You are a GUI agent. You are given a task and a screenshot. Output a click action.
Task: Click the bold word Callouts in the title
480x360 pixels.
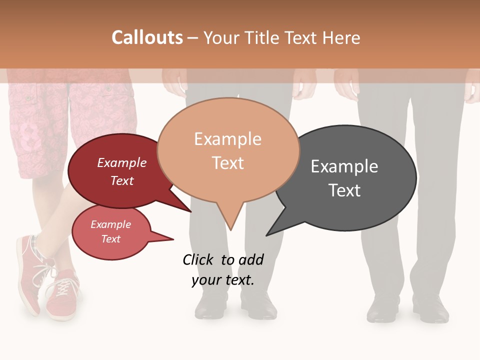(x=147, y=37)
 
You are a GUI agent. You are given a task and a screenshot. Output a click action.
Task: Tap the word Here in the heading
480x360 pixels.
(x=342, y=38)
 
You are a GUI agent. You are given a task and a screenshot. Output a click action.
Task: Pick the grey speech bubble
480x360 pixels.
(x=350, y=178)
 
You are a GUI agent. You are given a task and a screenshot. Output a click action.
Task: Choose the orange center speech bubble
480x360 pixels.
(x=228, y=150)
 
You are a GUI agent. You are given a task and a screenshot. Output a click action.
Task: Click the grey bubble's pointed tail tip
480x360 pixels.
(x=267, y=235)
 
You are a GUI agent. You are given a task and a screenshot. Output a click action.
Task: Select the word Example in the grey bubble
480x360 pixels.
(x=344, y=166)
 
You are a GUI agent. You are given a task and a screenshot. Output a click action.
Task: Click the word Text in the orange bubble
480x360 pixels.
(x=228, y=163)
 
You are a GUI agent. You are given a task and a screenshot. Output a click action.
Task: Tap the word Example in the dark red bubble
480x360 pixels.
(x=121, y=163)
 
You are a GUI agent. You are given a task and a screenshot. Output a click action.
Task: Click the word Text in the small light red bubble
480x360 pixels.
(x=111, y=239)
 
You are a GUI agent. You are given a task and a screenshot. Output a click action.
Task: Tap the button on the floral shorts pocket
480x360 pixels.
(x=106, y=90)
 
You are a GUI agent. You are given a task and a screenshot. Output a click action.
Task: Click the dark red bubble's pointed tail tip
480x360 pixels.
(x=191, y=211)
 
